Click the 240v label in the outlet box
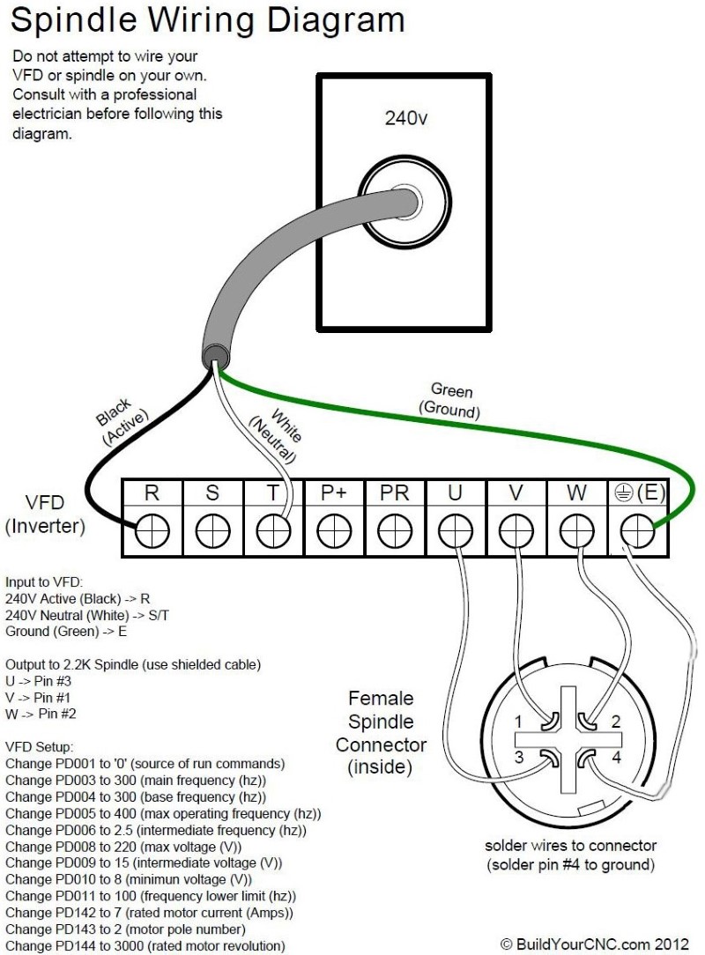[x=406, y=118]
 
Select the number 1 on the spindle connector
[x=518, y=721]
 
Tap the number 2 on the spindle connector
[x=615, y=722]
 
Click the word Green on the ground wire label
[x=451, y=390]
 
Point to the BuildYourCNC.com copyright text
[x=598, y=944]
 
